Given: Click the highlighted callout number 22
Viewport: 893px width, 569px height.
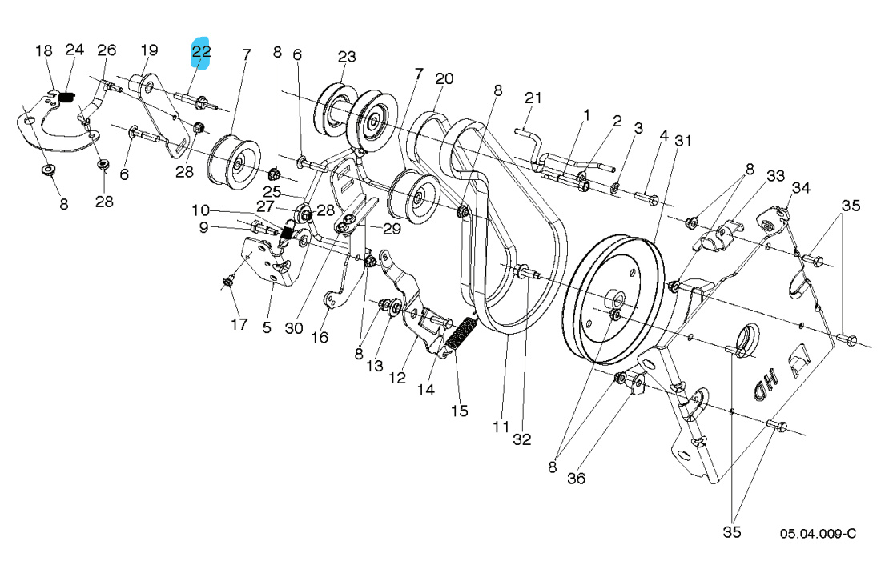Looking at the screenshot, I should point(200,52).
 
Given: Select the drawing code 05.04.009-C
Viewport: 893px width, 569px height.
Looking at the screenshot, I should point(818,534).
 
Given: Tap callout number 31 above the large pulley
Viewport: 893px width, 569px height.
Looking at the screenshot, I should point(682,141).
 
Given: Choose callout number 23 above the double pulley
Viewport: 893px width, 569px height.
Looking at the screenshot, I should point(346,57).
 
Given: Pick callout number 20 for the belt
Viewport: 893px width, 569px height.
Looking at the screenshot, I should point(444,78).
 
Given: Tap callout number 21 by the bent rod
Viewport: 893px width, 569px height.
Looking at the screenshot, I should point(533,98).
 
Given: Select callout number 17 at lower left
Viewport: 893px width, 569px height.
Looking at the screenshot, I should point(239,325).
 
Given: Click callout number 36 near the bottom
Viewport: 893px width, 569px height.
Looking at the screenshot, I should point(577,479).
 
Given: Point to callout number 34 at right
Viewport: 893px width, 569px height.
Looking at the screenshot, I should point(802,188).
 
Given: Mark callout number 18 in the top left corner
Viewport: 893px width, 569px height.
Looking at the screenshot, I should point(43,50).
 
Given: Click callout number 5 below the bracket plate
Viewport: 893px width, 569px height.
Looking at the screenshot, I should point(267,327).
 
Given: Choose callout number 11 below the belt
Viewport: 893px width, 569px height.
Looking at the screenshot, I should point(501,427).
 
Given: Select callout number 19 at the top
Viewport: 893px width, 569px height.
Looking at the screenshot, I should point(150,50).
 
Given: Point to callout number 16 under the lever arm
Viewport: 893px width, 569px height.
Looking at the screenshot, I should point(320,338).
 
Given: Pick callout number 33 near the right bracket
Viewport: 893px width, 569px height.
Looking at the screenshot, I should point(753,176).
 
